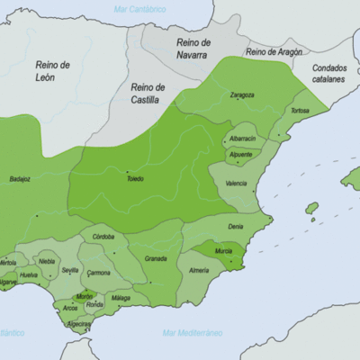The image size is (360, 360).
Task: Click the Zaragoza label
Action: (241, 94)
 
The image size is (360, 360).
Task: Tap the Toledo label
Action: (134, 178)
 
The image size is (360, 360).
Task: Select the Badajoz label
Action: (20, 178)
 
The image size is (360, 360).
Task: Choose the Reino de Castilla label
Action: (148, 93)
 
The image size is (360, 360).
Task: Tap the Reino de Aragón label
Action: (274, 52)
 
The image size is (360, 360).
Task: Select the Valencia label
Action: (236, 183)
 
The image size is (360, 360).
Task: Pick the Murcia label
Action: (224, 250)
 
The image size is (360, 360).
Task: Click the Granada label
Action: (156, 258)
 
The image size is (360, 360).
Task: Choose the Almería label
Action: (199, 270)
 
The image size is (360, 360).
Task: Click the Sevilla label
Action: (70, 270)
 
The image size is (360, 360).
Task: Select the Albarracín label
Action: (241, 139)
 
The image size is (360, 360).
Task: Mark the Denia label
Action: (235, 227)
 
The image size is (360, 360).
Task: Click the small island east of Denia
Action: (311, 208)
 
